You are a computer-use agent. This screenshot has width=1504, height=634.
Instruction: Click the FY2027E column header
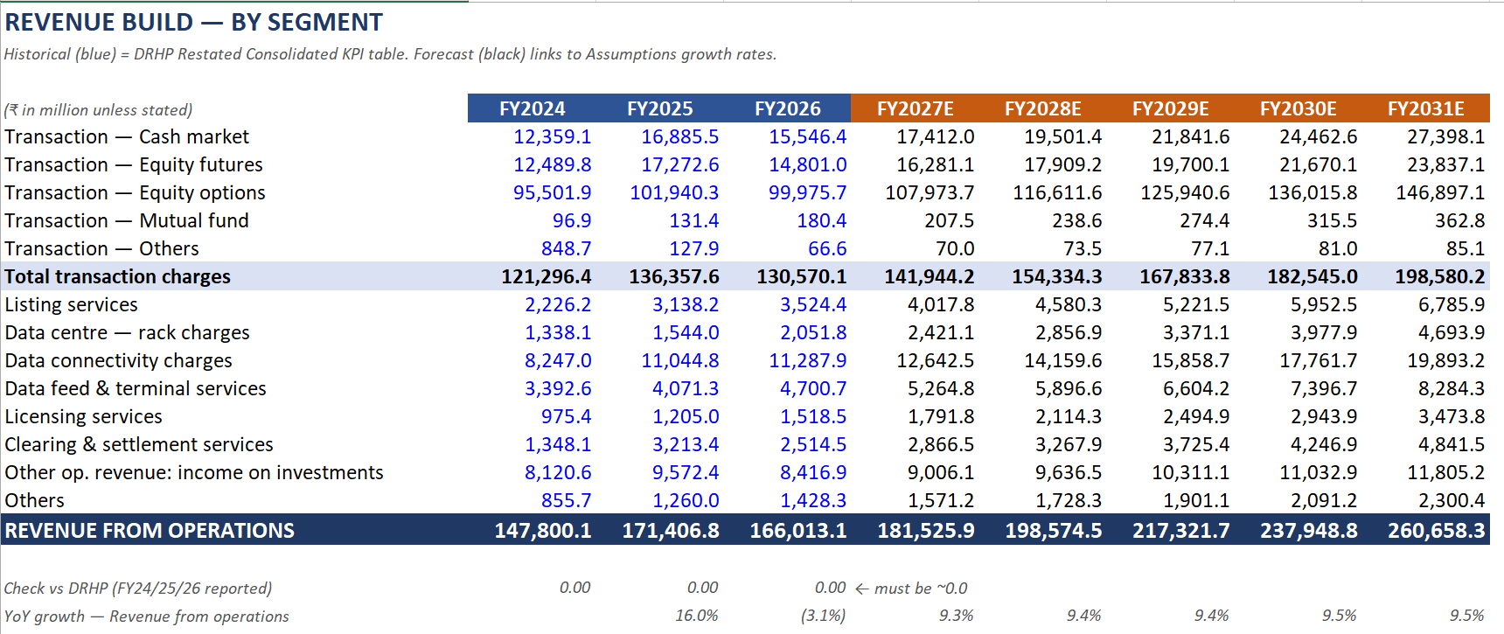[915, 108]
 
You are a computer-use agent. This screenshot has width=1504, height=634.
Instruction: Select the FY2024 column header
[532, 108]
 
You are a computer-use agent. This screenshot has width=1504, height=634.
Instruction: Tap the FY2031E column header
[1425, 108]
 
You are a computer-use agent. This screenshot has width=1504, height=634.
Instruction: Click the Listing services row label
[71, 304]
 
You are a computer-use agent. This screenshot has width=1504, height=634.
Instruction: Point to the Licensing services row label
[83, 416]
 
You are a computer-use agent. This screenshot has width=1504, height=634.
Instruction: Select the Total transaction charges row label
[117, 276]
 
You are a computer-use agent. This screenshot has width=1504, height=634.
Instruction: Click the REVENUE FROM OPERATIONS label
[150, 531]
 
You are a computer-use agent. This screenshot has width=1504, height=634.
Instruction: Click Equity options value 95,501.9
[552, 192]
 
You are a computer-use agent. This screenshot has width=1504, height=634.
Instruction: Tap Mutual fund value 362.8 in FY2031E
[1459, 220]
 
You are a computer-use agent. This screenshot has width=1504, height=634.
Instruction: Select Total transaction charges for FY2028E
[1056, 276]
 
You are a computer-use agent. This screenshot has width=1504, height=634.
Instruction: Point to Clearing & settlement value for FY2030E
[1324, 444]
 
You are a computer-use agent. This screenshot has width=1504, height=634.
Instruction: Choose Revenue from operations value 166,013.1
[797, 531]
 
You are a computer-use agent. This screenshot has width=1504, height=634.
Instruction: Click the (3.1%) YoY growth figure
[823, 616]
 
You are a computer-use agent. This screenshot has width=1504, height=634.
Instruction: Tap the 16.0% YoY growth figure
[696, 616]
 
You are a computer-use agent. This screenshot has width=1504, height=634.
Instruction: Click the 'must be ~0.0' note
[911, 589]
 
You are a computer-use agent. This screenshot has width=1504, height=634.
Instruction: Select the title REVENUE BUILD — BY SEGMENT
[193, 22]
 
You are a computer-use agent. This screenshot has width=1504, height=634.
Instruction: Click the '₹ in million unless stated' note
[98, 110]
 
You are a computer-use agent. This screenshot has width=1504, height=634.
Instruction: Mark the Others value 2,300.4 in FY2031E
[1452, 500]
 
